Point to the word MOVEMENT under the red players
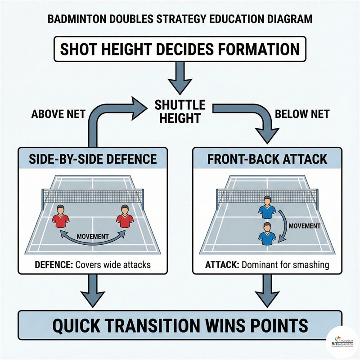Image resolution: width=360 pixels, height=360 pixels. (92, 236)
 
